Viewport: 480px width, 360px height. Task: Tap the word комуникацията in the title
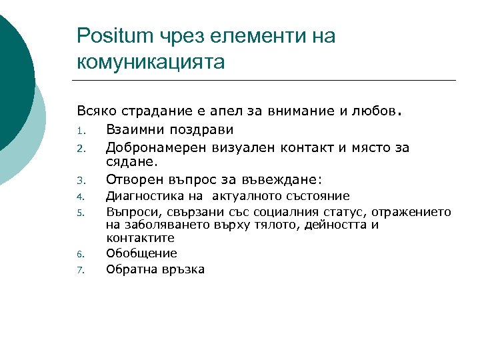[151, 62]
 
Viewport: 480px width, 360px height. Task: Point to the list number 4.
[79, 197]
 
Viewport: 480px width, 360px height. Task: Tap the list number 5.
[79, 213]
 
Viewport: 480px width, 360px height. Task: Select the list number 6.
[79, 255]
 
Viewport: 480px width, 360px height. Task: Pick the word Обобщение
[141, 253]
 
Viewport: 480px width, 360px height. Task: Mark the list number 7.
[79, 271]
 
